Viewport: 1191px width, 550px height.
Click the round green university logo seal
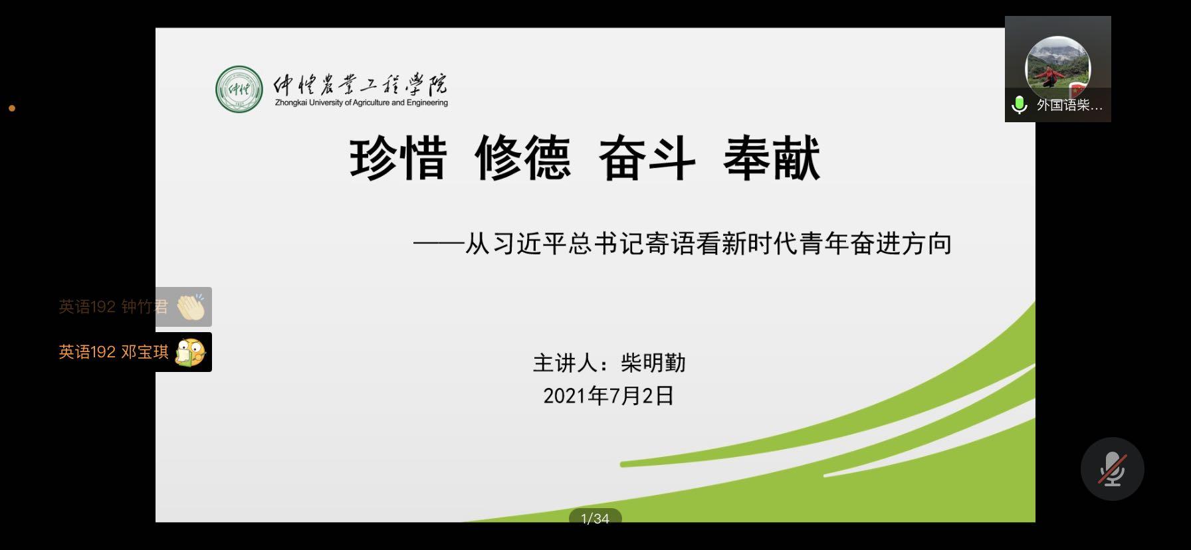(239, 89)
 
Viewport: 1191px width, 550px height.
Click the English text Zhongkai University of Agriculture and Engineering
(362, 103)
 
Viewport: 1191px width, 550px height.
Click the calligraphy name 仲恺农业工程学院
(361, 85)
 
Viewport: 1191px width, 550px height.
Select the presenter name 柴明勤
(653, 363)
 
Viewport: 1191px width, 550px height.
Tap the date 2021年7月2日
(609, 396)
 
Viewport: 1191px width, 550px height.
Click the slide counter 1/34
(595, 519)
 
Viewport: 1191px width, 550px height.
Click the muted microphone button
(1113, 469)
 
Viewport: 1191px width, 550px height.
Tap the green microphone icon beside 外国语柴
(1019, 105)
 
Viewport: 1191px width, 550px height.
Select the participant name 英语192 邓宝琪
(114, 352)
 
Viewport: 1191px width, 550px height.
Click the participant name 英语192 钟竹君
(114, 307)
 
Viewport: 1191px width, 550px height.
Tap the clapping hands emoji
(191, 307)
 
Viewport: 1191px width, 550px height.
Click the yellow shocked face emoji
(191, 352)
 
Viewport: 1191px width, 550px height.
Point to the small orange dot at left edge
(12, 108)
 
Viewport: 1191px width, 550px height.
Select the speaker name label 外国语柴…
(1069, 105)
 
